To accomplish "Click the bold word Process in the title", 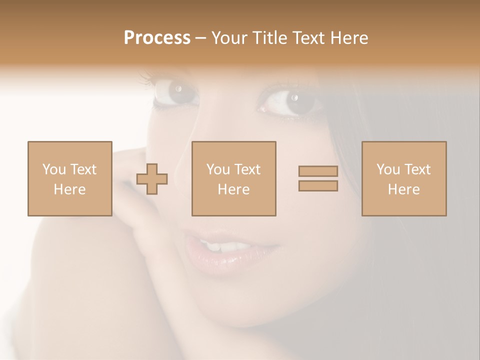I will tap(157, 38).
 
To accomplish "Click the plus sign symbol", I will tap(152, 179).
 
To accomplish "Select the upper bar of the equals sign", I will tap(318, 171).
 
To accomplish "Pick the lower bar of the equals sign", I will tap(318, 186).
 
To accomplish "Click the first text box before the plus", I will tap(69, 178).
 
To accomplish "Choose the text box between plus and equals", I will tap(233, 178).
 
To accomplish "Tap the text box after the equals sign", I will tap(403, 178).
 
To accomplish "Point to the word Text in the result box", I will tap(417, 169).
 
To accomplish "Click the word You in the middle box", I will tap(218, 169).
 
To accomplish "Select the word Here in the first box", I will tap(69, 189).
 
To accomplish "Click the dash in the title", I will tap(200, 38).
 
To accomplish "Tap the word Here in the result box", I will tap(403, 189).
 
